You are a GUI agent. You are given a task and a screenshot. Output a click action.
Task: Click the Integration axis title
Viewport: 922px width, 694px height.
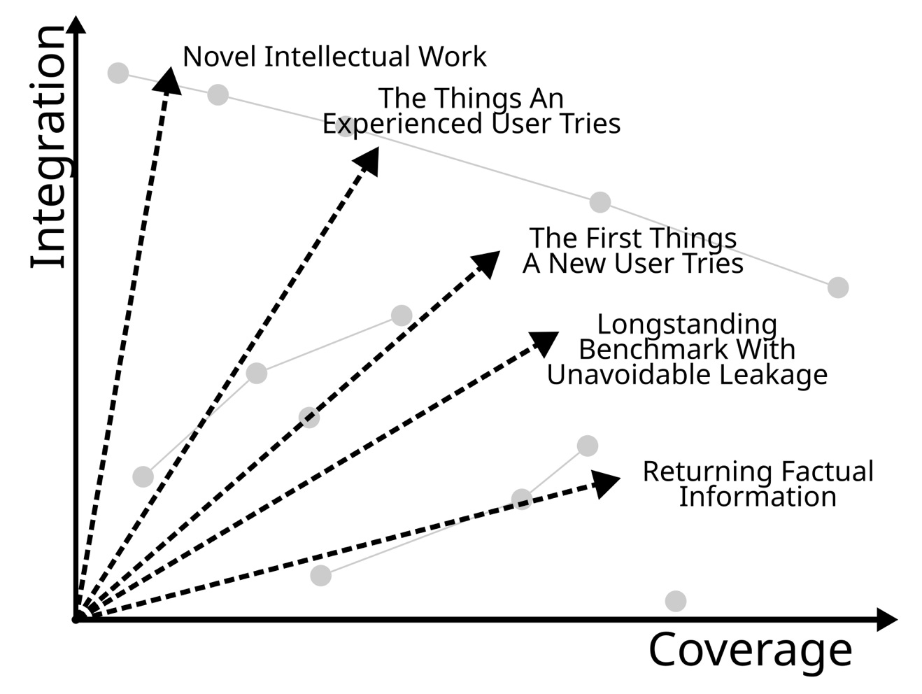[49, 147]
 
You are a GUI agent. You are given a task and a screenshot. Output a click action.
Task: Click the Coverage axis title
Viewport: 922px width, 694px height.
[750, 650]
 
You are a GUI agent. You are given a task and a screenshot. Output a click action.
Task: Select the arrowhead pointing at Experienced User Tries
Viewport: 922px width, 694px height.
[368, 160]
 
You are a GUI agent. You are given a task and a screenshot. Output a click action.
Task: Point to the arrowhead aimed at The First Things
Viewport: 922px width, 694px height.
[485, 263]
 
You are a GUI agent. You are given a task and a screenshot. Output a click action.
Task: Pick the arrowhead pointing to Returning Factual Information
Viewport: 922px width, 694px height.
[606, 483]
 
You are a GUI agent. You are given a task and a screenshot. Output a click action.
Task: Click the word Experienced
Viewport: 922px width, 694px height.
[402, 124]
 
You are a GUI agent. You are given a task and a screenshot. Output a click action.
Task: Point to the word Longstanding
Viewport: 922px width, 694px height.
[687, 325]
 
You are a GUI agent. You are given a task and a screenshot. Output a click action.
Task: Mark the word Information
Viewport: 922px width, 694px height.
[758, 497]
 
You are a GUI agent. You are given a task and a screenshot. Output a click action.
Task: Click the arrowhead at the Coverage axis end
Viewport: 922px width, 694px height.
[886, 619]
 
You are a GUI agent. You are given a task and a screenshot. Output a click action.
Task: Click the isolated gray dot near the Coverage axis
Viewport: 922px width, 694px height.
[675, 601]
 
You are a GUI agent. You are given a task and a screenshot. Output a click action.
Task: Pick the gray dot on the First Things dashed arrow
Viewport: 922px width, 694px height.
[309, 418]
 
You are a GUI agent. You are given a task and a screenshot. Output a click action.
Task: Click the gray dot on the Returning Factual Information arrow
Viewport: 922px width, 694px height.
[522, 499]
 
